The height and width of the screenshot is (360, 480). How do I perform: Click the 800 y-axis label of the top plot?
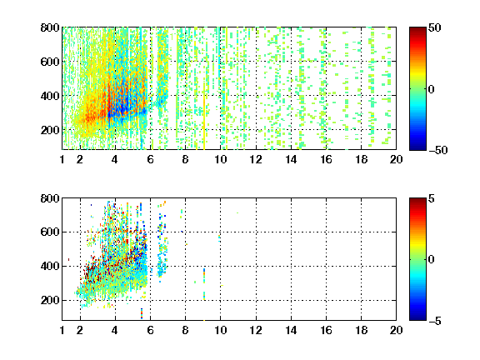coord(50,27)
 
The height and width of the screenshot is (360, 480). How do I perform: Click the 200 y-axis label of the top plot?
coord(50,130)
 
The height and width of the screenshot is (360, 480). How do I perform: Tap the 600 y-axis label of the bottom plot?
coord(50,232)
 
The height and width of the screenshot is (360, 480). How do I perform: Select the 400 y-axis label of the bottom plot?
coord(50,266)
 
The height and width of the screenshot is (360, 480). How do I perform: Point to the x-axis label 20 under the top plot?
coord(396,159)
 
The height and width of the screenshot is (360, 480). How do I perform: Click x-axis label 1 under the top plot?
coord(62,159)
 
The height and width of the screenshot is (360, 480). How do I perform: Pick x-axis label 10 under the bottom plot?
coord(220,330)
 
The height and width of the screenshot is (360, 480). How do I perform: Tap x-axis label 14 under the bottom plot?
coord(291,330)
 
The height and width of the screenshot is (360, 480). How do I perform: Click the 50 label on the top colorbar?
coord(434,27)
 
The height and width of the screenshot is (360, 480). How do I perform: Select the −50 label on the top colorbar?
coord(437,150)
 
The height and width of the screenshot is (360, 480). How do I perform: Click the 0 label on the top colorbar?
coord(432,89)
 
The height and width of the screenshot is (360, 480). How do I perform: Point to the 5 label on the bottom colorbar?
coord(432,198)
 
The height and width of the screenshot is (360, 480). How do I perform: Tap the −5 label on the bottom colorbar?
coord(435,321)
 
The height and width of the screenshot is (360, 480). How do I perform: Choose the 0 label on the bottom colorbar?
coord(432,260)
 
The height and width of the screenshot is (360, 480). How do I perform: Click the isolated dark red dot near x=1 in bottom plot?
coord(68,260)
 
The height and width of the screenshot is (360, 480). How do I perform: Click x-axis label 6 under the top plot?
coord(150,159)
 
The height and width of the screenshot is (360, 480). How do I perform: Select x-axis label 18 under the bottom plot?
coord(361,330)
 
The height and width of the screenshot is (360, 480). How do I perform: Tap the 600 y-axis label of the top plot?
coord(50,62)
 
